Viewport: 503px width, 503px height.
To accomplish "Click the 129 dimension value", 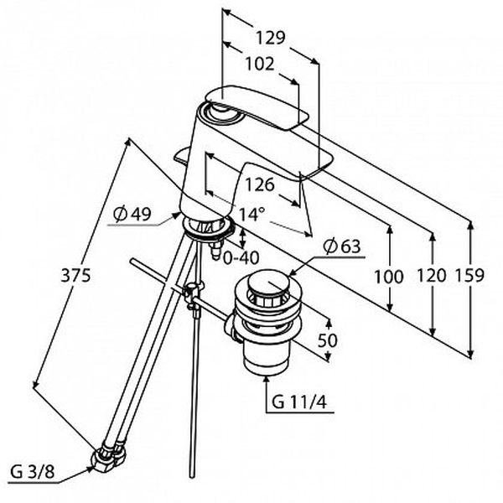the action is [x=270, y=37].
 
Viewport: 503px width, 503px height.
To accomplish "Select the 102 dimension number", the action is [x=260, y=64].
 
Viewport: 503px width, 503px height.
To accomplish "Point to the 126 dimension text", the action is [x=260, y=184].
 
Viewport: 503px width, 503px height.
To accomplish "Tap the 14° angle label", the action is [x=251, y=214].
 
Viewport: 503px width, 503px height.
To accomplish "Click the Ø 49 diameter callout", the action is [x=132, y=213].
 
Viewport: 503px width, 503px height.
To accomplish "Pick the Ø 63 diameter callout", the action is [x=342, y=246].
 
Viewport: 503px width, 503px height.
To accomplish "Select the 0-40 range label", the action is [x=241, y=257].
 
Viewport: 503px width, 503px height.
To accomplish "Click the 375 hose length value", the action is [x=75, y=275].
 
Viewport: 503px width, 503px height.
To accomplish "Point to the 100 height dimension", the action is [x=389, y=277].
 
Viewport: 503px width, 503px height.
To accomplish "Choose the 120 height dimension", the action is [x=432, y=275].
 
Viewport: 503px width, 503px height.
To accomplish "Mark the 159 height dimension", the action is [x=469, y=275].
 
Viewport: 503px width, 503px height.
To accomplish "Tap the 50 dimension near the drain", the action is [x=327, y=340].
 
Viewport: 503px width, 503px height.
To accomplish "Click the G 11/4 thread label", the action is [x=299, y=402].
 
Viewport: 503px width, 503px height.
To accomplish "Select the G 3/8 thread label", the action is [x=33, y=472].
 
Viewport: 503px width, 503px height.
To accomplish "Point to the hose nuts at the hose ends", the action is [x=108, y=456].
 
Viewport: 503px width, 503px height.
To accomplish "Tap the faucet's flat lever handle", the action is [x=256, y=107].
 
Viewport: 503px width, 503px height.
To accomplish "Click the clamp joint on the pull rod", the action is [x=193, y=293].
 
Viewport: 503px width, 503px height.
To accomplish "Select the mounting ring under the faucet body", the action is [x=208, y=227].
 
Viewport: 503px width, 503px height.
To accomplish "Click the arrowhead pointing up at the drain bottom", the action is [x=267, y=380].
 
